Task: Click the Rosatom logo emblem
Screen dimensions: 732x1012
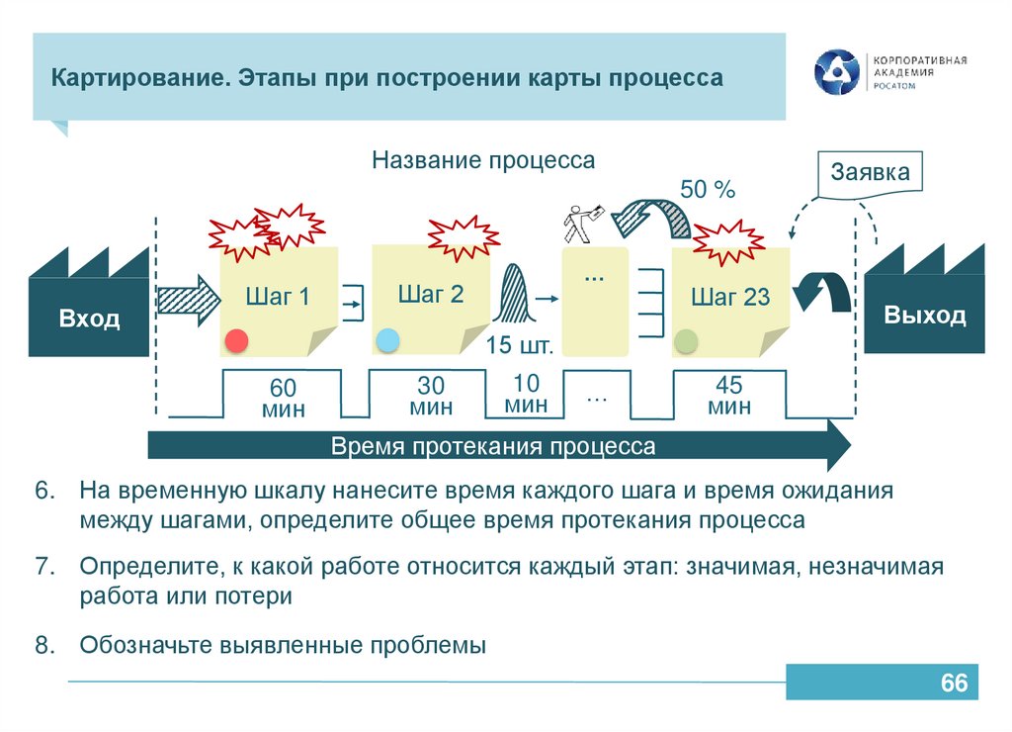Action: tap(837, 73)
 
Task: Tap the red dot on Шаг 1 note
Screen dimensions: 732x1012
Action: tap(236, 340)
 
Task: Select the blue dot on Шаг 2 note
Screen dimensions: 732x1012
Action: tap(387, 340)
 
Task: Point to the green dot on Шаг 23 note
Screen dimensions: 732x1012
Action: tap(686, 342)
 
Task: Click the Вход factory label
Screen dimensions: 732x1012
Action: tap(89, 319)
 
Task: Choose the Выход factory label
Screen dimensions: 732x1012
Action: tap(925, 316)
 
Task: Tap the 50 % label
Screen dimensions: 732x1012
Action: tap(708, 190)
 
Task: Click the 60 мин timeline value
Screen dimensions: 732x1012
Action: tap(283, 398)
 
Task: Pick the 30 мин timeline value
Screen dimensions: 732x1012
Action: tap(431, 396)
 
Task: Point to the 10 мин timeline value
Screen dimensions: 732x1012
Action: tap(526, 394)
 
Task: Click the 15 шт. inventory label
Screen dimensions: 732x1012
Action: tap(518, 345)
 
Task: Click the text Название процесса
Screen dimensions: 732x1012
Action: tap(483, 160)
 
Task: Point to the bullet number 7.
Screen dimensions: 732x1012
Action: tap(42, 568)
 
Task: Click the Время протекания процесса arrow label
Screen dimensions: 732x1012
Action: tap(493, 446)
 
